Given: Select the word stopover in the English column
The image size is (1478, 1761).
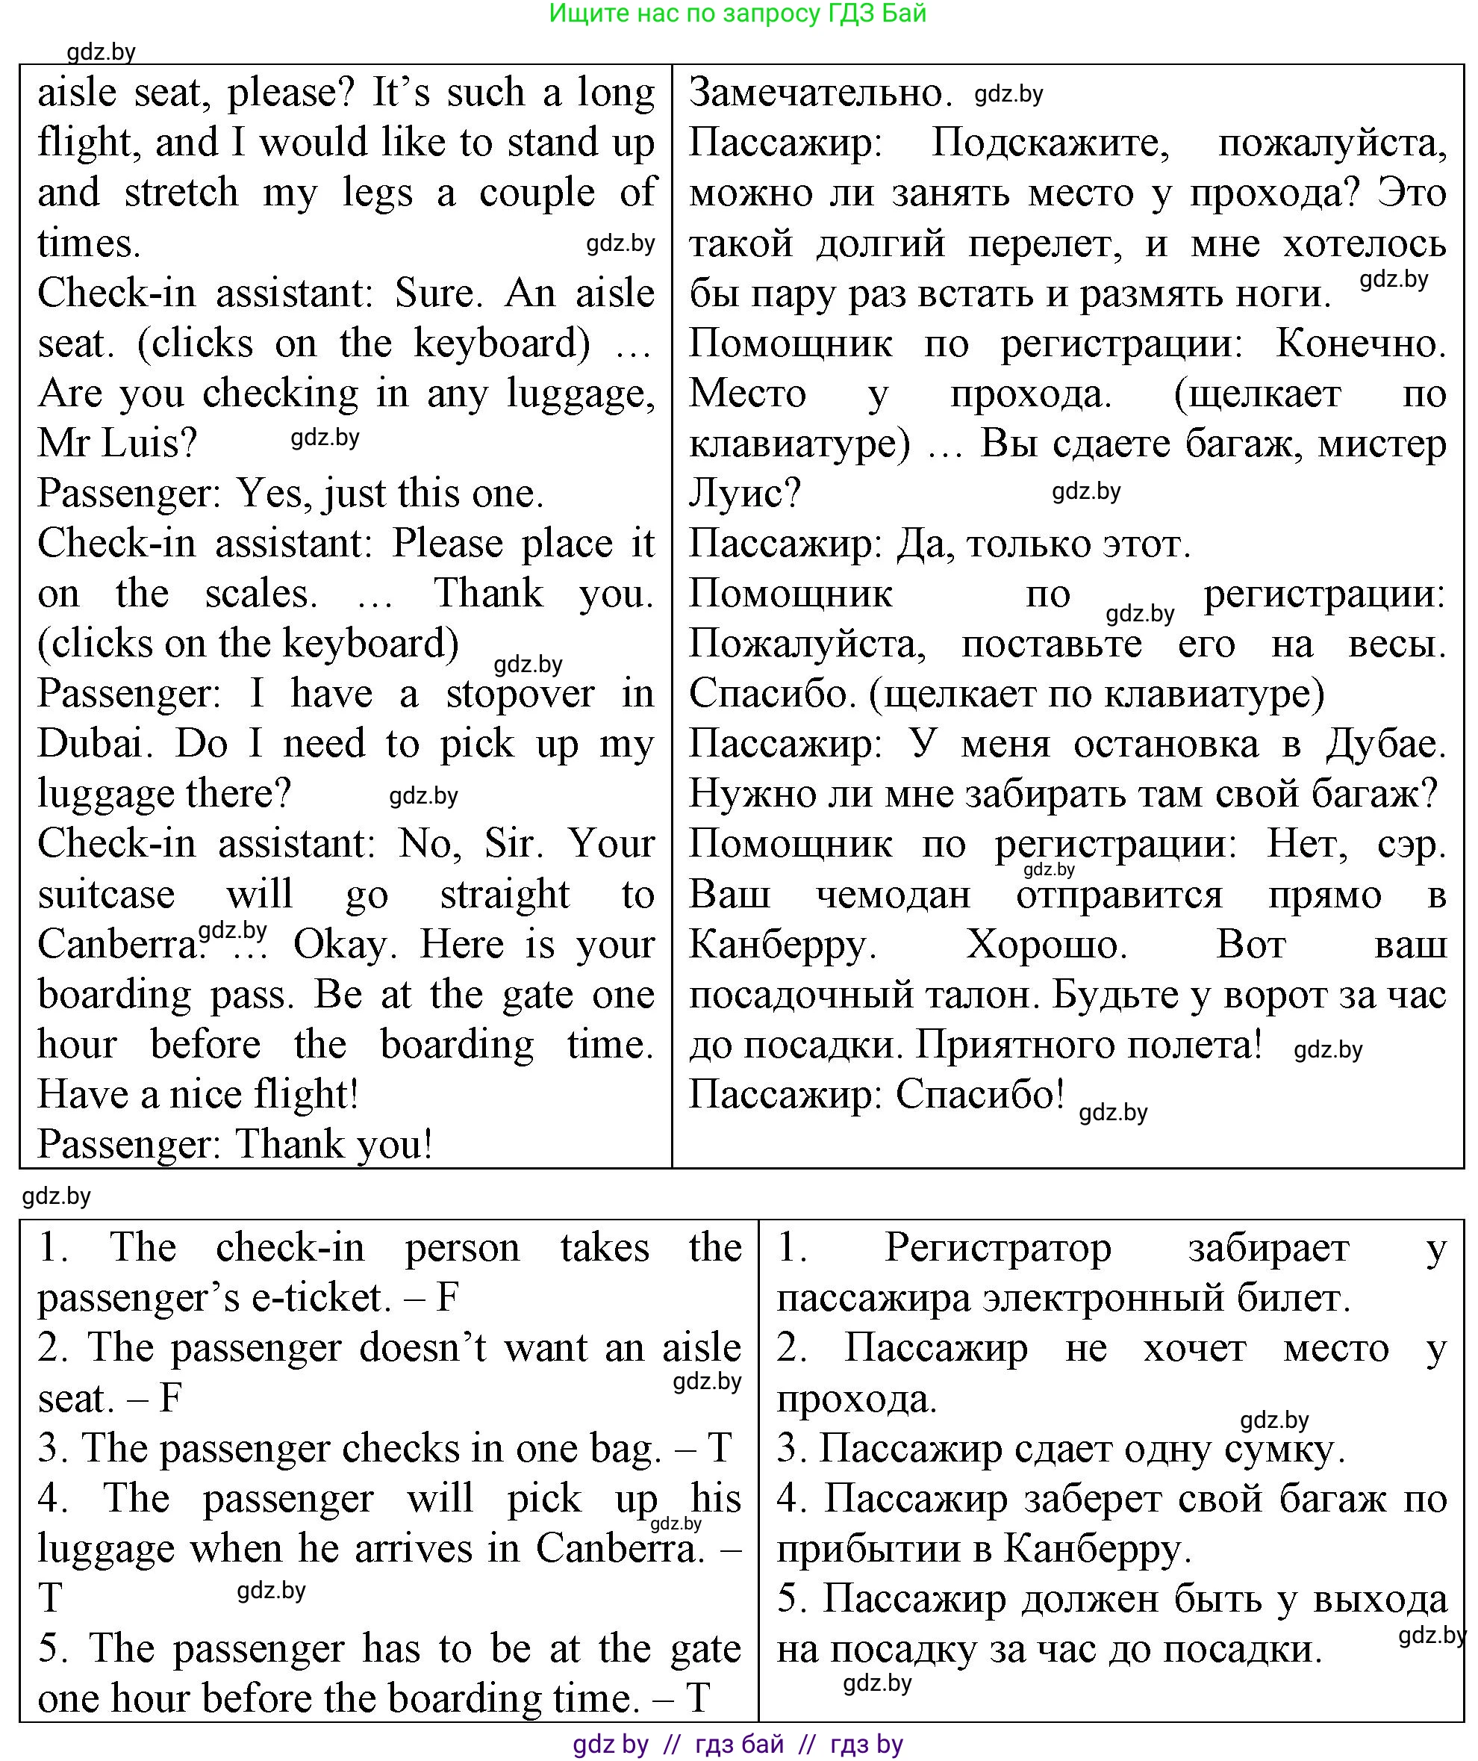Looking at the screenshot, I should pos(519,695).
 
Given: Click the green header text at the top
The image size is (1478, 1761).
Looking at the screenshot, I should pos(738,13).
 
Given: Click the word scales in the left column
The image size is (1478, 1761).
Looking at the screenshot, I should pos(261,594).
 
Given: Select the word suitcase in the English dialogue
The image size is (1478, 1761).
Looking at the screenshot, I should pos(107,895).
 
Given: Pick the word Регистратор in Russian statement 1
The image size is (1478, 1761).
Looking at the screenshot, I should pos(997,1249).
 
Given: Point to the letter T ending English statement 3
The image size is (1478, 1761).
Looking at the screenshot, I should pos(720,1449).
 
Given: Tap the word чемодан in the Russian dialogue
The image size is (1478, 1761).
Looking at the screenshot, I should pos(893,895).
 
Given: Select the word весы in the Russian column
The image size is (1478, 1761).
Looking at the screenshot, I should pos(1397,645).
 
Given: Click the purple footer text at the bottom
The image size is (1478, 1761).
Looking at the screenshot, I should pos(738,1745).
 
